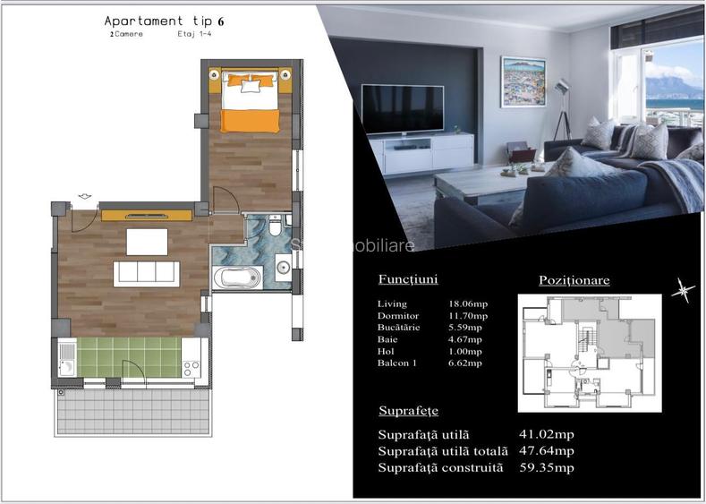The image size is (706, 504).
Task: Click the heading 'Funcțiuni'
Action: click(407, 279)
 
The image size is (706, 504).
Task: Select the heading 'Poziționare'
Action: click(574, 280)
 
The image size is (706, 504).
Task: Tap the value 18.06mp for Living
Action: click(467, 304)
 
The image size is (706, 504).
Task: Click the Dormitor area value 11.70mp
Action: click(467, 316)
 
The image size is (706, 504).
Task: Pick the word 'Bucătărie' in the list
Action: click(397, 328)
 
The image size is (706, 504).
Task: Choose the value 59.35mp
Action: click(546, 467)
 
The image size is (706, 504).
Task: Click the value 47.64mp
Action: click(546, 451)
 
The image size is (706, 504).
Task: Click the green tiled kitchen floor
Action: click(130, 356)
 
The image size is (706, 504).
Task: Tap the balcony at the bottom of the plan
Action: click(132, 416)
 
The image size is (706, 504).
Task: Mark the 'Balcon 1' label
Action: click(397, 363)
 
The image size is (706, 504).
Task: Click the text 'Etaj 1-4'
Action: click(188, 35)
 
